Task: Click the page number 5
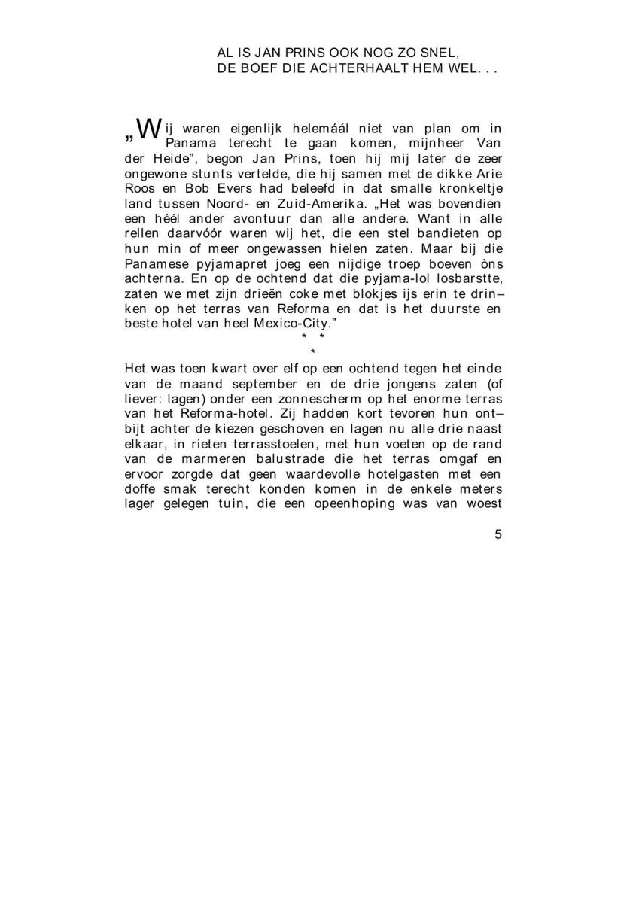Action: pos(498,535)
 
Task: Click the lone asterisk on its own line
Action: pos(312,352)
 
